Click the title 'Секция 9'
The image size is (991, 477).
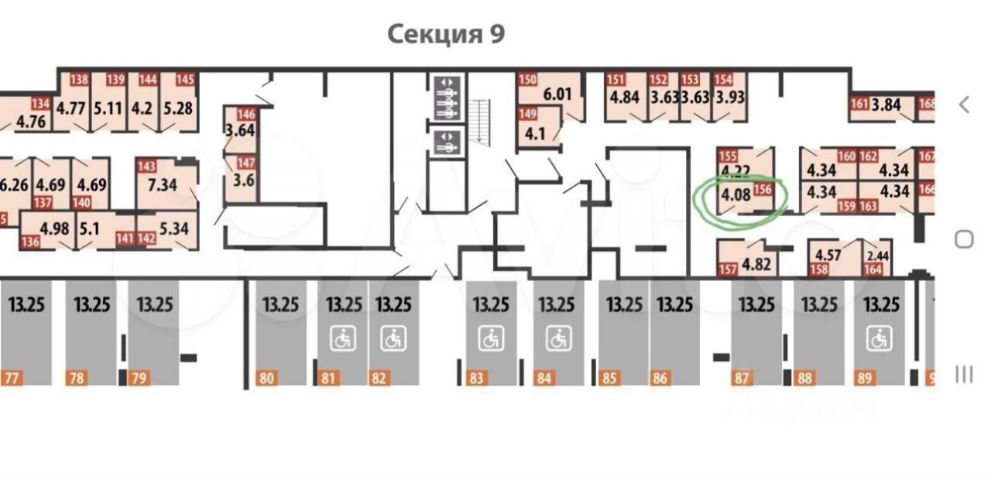pyautogui.click(x=445, y=34)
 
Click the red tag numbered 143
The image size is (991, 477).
pyautogui.click(x=146, y=166)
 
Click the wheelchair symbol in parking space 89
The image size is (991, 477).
pyautogui.click(x=879, y=338)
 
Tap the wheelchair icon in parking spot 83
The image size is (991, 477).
pyautogui.click(x=491, y=338)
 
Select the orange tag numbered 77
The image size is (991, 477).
pyautogui.click(x=11, y=379)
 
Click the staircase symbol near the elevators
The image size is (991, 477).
pyautogui.click(x=482, y=121)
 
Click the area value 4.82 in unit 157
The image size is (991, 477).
pyautogui.click(x=756, y=264)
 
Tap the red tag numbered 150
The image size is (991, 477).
pyautogui.click(x=527, y=79)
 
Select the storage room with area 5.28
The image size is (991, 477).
pyautogui.click(x=177, y=107)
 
